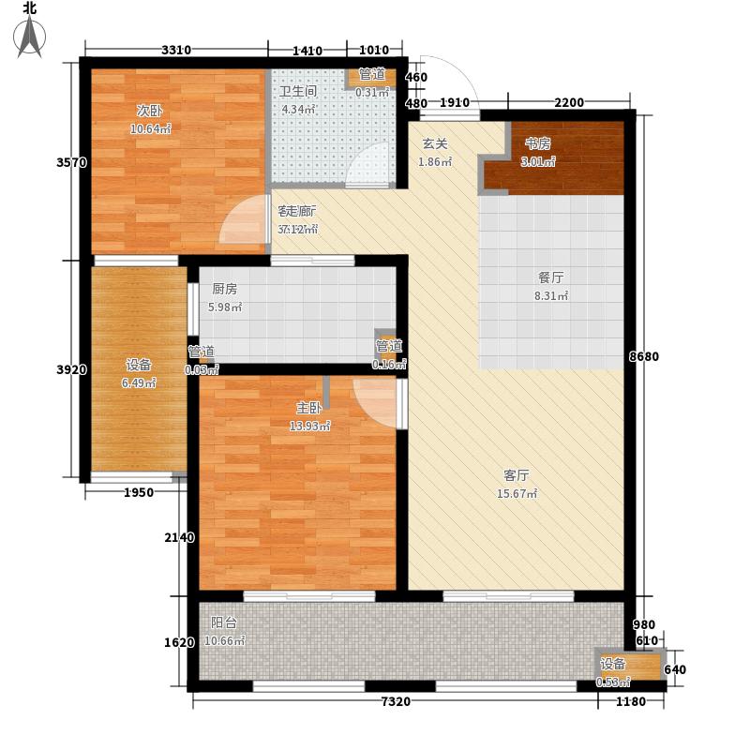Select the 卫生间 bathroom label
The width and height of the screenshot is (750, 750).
[299, 92]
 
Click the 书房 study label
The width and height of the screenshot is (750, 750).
[537, 143]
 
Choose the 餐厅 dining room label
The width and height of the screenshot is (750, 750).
[550, 278]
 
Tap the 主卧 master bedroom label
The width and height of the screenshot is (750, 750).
[309, 408]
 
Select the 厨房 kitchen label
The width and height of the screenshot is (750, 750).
[223, 290]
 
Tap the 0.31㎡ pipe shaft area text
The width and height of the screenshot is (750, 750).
[372, 92]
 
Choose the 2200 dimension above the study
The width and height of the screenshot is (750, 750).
[568, 102]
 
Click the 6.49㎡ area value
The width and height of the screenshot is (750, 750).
[138, 382]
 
